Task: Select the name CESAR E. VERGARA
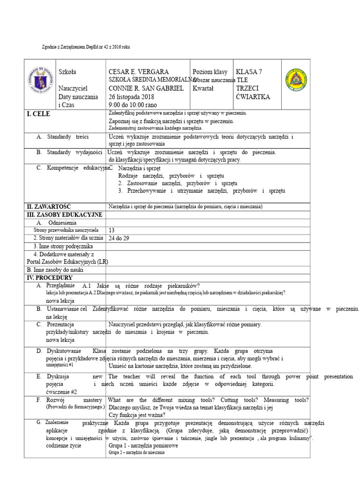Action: click(x=139, y=72)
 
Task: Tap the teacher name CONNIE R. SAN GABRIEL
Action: click(x=146, y=89)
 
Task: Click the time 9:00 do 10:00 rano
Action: click(x=133, y=105)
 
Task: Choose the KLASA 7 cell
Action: click(x=249, y=72)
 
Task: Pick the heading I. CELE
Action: click(x=39, y=114)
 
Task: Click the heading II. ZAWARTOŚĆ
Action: click(x=48, y=207)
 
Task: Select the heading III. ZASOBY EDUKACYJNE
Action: click(x=64, y=214)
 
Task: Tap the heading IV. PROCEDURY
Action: click(x=49, y=278)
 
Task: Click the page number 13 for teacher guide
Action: click(x=112, y=230)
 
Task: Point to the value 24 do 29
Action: click(x=119, y=238)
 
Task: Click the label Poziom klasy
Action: click(x=210, y=72)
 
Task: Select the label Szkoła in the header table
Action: click(x=67, y=72)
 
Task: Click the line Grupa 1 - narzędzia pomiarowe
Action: click(x=143, y=445)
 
